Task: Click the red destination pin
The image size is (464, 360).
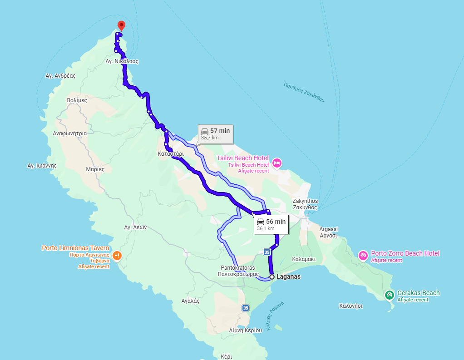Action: tap(121, 25)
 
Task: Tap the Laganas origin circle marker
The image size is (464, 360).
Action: tap(271, 276)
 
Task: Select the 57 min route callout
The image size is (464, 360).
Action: tap(216, 133)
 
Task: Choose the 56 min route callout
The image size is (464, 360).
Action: tap(271, 224)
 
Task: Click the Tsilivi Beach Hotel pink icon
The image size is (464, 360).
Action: tap(276, 163)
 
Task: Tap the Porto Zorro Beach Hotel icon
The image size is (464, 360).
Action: tap(363, 256)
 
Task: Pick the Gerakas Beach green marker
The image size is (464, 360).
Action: tap(389, 295)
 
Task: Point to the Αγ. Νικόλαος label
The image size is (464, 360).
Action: tap(122, 61)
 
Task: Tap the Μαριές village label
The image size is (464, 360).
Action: tap(95, 169)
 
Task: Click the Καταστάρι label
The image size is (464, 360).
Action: tap(171, 154)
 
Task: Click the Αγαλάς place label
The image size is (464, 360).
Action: tap(190, 301)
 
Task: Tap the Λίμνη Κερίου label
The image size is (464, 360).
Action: tap(246, 330)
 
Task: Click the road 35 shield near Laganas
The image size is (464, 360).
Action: tap(267, 252)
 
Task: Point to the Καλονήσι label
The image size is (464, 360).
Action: tap(351, 306)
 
